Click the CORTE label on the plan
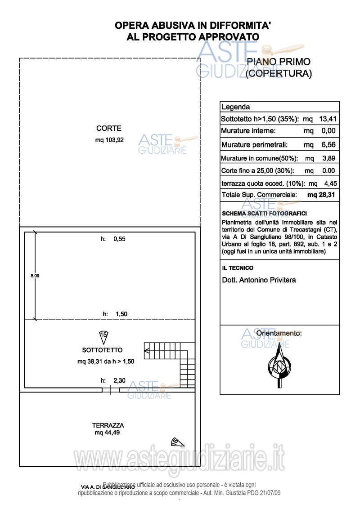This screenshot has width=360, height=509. [x=109, y=129]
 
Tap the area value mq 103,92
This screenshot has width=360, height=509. [x=109, y=140]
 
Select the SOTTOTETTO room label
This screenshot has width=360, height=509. [x=102, y=350]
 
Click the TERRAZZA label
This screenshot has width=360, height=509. [x=108, y=425]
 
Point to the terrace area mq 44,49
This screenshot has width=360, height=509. [x=107, y=433]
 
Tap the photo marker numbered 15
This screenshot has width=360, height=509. [x=103, y=335]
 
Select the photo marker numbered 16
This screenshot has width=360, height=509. [x=175, y=442]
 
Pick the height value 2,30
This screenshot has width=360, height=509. [x=119, y=380]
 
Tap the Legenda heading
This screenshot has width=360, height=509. [x=235, y=107]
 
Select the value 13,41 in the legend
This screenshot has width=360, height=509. [x=328, y=119]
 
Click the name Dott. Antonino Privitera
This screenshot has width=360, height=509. [x=259, y=280]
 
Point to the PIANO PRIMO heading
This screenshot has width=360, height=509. [x=279, y=62]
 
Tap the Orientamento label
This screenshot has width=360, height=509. [x=279, y=333]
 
